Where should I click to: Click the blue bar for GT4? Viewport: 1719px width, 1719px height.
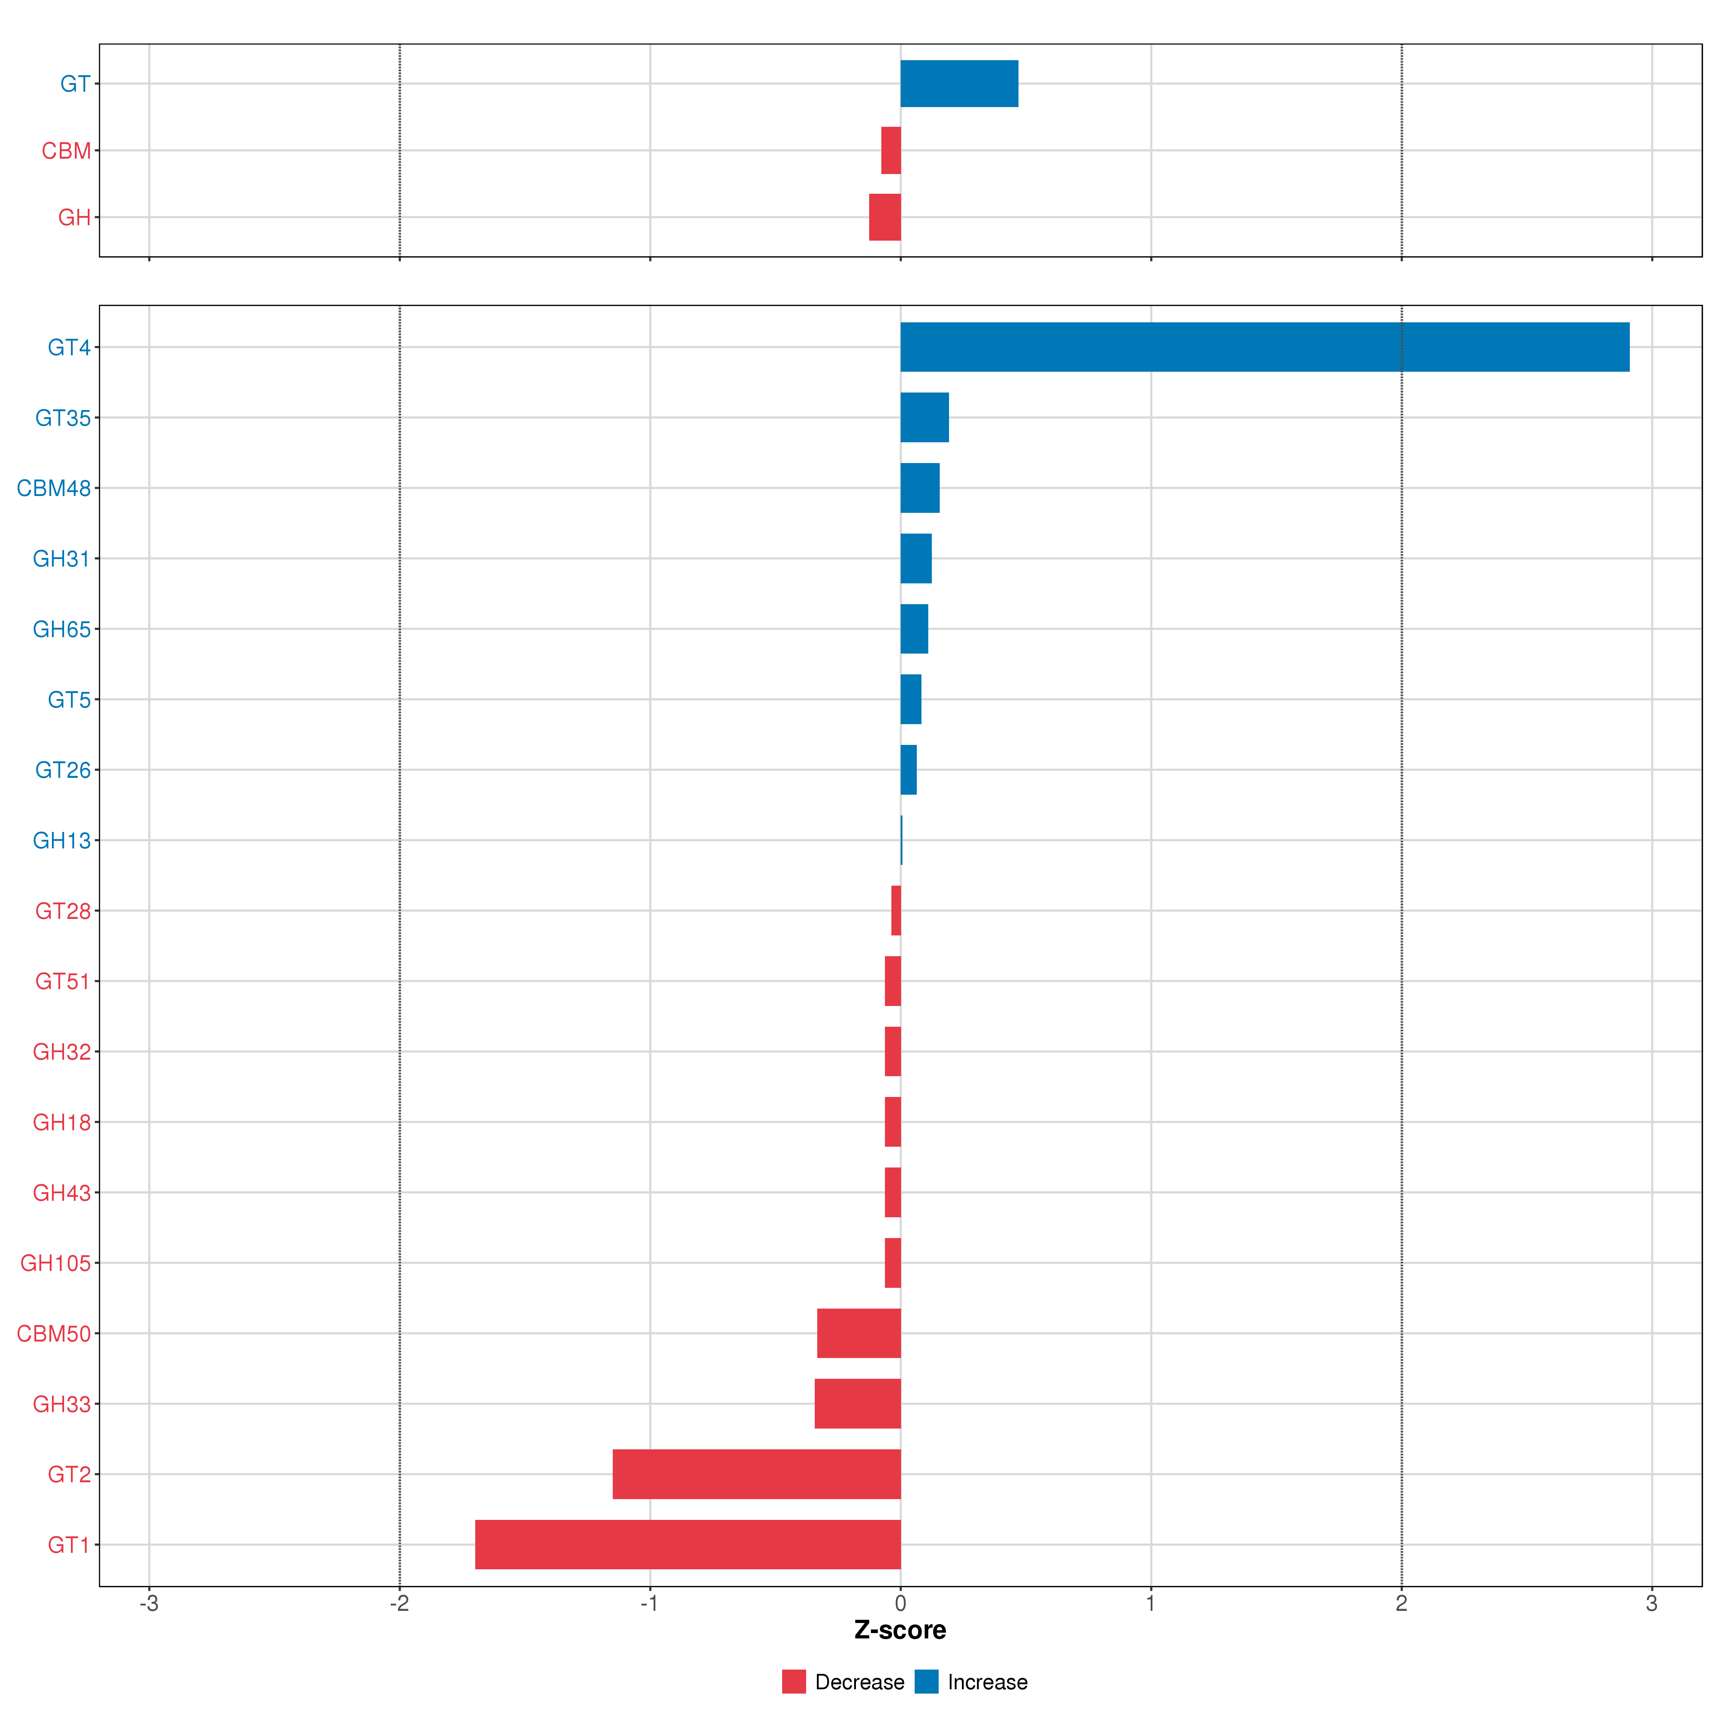click(1263, 347)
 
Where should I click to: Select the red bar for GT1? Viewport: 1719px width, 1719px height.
click(688, 1545)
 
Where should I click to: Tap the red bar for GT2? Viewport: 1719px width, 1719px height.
click(756, 1474)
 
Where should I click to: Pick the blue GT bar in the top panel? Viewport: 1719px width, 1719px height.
click(959, 84)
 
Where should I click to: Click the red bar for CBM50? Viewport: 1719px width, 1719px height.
click(859, 1333)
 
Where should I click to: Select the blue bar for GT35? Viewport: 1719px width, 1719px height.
click(924, 417)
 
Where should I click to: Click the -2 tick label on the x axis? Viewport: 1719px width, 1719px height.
click(400, 1604)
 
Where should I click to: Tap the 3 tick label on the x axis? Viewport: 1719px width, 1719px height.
click(1651, 1604)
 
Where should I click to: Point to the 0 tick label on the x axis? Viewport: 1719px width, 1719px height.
click(900, 1604)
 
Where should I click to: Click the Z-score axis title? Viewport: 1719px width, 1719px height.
click(900, 1630)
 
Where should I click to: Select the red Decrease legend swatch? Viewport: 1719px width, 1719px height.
click(794, 1682)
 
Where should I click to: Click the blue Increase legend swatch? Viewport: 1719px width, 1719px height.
click(926, 1682)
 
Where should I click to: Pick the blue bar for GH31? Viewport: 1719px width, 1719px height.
click(916, 559)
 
